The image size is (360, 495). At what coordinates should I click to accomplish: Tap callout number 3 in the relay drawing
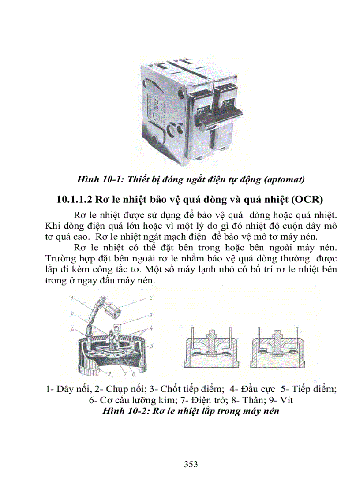point(150,315)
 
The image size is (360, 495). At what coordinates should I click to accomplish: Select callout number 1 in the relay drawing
point(71,298)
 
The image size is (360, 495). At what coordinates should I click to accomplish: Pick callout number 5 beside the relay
point(151,346)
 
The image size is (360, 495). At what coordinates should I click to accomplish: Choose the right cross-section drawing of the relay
point(277,347)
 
